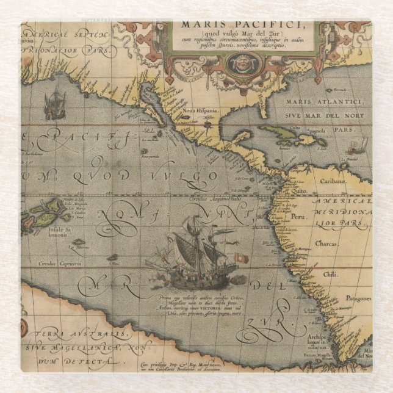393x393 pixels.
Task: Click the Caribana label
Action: click(339, 181)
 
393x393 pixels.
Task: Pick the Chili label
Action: click(330, 274)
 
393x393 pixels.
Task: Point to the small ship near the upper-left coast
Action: click(55, 106)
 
